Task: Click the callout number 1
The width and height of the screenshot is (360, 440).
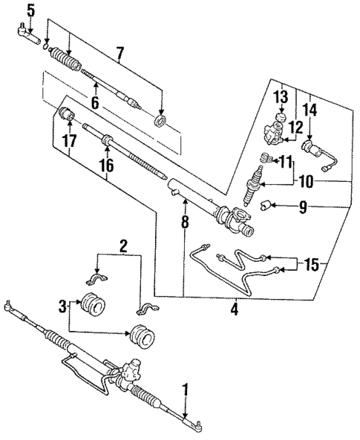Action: (186, 388)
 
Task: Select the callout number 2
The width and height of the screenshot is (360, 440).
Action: (124, 246)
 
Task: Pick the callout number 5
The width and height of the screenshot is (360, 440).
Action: (30, 10)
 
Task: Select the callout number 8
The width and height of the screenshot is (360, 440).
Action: (184, 220)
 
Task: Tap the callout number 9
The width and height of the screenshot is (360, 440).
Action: (302, 208)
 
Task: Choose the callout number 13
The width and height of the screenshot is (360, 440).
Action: (280, 96)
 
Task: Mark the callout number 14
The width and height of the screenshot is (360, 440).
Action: (309, 110)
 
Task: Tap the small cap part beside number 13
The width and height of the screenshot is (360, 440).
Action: (280, 119)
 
